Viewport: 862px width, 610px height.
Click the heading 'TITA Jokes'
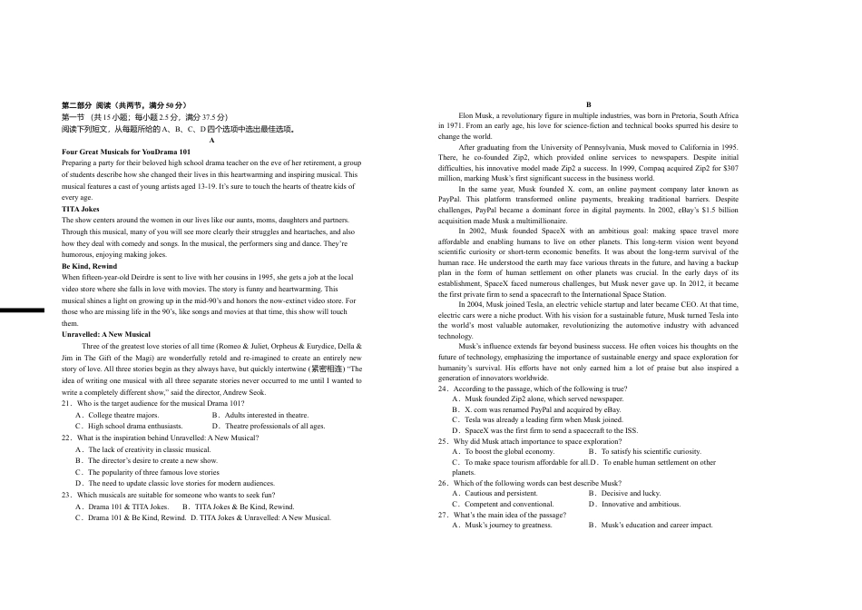point(81,209)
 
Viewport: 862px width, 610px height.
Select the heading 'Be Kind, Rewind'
point(89,266)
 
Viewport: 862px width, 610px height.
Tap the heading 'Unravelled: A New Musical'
point(106,335)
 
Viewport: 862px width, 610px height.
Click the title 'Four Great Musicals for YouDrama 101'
point(126,152)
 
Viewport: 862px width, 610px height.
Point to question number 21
point(67,403)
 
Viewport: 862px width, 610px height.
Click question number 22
point(67,438)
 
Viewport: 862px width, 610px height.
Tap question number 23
point(67,495)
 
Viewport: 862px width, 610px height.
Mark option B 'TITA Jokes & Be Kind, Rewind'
point(239,507)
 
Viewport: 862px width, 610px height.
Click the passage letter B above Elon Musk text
point(588,105)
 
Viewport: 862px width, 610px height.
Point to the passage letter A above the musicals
point(211,141)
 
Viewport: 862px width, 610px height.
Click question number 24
point(444,389)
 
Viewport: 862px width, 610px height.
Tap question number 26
point(444,483)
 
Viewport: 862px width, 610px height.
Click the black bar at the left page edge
point(22,310)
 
